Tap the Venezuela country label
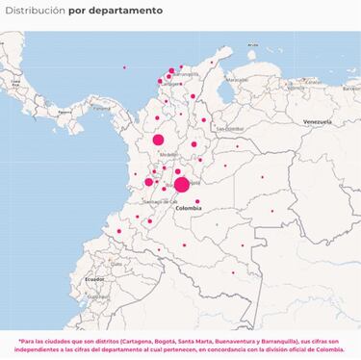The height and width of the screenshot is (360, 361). click(x=317, y=123)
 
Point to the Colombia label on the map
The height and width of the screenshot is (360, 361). click(x=189, y=207)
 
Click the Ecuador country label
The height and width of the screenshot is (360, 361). click(x=93, y=278)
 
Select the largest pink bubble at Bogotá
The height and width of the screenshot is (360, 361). click(x=181, y=184)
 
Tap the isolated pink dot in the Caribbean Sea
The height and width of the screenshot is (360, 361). click(x=124, y=66)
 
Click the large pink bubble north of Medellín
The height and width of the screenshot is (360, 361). click(x=158, y=141)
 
